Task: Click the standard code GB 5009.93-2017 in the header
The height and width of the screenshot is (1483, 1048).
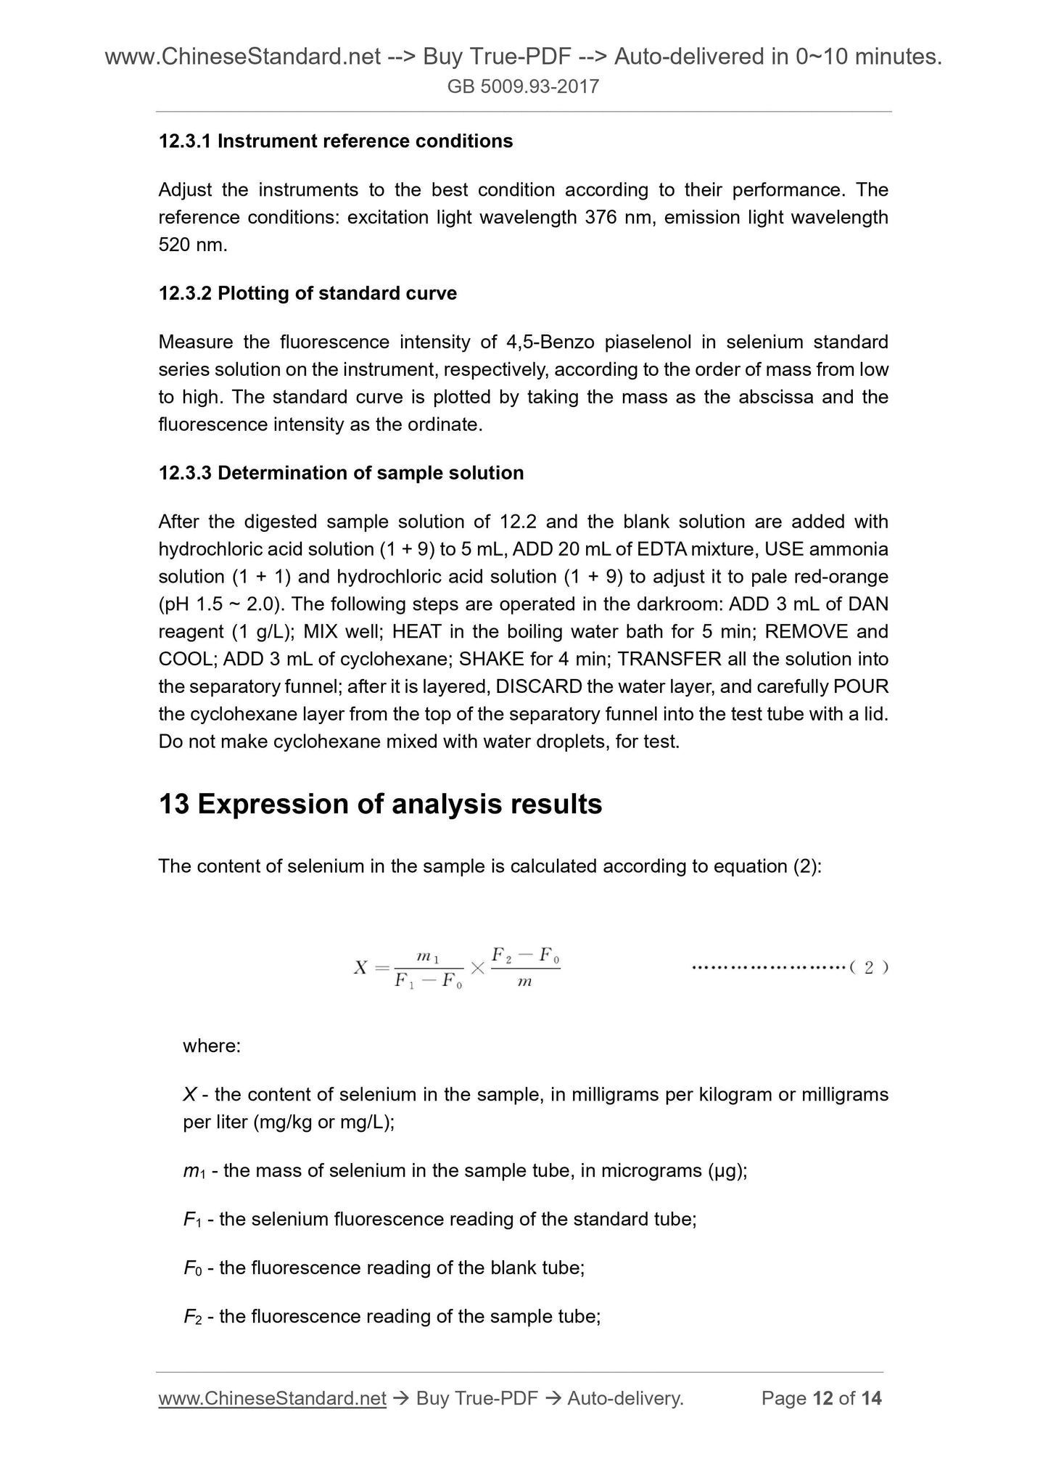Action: coord(523,87)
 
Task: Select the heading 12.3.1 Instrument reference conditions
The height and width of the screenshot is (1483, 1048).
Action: coord(335,141)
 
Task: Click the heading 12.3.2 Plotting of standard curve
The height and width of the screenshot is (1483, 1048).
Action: coord(308,293)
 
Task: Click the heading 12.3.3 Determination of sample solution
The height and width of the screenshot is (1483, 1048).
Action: coord(341,473)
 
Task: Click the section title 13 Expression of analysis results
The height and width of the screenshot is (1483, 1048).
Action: coord(380,805)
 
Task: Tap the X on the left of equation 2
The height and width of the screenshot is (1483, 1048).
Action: coord(360,968)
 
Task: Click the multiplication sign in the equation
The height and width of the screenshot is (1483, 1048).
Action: coord(477,968)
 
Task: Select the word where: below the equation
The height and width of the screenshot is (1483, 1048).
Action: coord(212,1046)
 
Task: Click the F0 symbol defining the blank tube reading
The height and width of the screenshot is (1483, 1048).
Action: coord(192,1268)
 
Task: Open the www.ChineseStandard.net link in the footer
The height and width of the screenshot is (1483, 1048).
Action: coord(271,1398)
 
